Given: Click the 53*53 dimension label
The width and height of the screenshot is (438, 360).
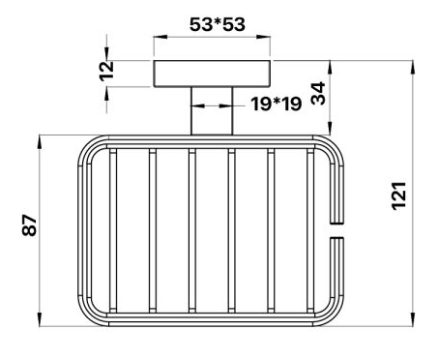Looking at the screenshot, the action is click(x=218, y=25).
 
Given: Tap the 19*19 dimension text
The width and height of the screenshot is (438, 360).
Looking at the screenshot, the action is click(x=277, y=104).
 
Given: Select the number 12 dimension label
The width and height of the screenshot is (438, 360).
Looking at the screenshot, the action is click(x=106, y=71).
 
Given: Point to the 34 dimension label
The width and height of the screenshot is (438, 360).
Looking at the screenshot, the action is click(x=318, y=93).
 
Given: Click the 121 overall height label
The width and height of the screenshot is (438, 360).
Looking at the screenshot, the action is click(x=399, y=196).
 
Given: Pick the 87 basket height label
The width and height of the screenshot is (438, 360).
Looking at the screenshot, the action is click(x=30, y=225).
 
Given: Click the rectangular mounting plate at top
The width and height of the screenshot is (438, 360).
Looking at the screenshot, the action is click(x=212, y=74).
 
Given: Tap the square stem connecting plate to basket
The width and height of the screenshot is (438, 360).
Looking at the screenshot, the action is click(x=212, y=111).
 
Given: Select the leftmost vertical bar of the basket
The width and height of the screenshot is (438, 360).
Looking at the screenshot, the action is click(x=113, y=230).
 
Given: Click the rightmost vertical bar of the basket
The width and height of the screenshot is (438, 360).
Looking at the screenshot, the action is click(x=310, y=230).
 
